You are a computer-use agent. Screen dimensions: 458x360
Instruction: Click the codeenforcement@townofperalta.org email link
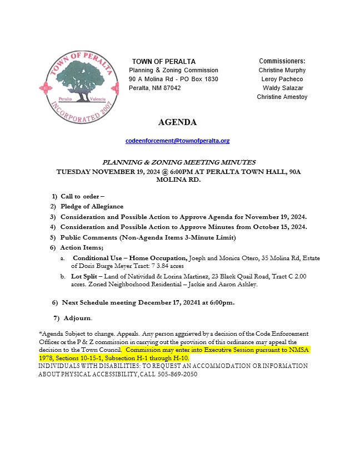[x=177, y=141]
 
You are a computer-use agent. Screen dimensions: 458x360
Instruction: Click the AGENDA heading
[x=177, y=122]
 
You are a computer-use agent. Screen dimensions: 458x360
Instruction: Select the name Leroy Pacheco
[x=282, y=79]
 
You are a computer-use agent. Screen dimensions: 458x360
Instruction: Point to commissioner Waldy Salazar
[x=282, y=88]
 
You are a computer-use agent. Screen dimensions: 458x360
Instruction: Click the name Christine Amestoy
[x=282, y=97]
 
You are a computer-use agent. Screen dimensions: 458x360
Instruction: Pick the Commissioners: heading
[x=282, y=61]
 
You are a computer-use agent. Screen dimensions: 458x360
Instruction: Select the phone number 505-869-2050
[x=180, y=375]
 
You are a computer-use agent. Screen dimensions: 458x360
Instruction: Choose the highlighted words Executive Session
[x=217, y=350]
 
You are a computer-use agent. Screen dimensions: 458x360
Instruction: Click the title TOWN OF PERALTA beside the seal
[x=163, y=61]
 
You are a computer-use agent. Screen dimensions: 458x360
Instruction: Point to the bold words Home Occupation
[x=160, y=258]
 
